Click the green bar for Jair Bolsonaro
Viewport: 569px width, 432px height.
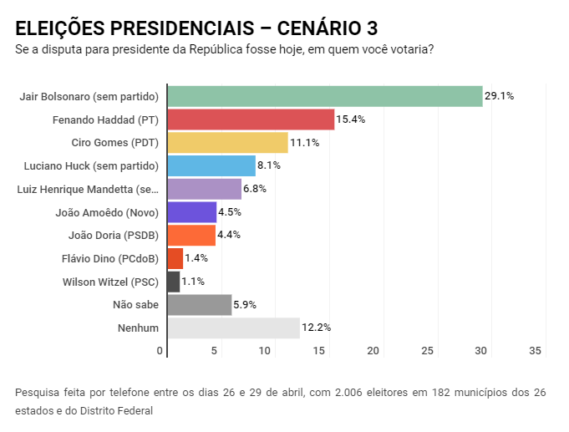pyautogui.click(x=325, y=96)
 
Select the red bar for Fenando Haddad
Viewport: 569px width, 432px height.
pyautogui.click(x=251, y=119)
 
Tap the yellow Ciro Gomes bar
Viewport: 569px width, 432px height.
pyautogui.click(x=227, y=143)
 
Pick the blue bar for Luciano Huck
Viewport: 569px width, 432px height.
pyautogui.click(x=211, y=165)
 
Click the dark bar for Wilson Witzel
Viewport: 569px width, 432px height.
pyautogui.click(x=174, y=282)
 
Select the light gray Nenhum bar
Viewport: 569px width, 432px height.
pyautogui.click(x=233, y=328)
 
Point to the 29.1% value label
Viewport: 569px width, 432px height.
pyautogui.click(x=500, y=96)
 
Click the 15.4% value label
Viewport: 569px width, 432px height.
pyautogui.click(x=350, y=119)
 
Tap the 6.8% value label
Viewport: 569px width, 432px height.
pyautogui.click(x=255, y=189)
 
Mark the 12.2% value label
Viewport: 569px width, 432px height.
pyautogui.click(x=316, y=328)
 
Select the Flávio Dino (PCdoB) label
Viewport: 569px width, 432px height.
pyautogui.click(x=110, y=258)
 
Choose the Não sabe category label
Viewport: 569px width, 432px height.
pyautogui.click(x=135, y=305)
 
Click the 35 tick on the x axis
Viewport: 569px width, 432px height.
pyautogui.click(x=536, y=350)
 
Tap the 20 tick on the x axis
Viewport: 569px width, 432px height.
pyautogui.click(x=373, y=350)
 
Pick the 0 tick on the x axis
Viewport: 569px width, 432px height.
pyautogui.click(x=160, y=350)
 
